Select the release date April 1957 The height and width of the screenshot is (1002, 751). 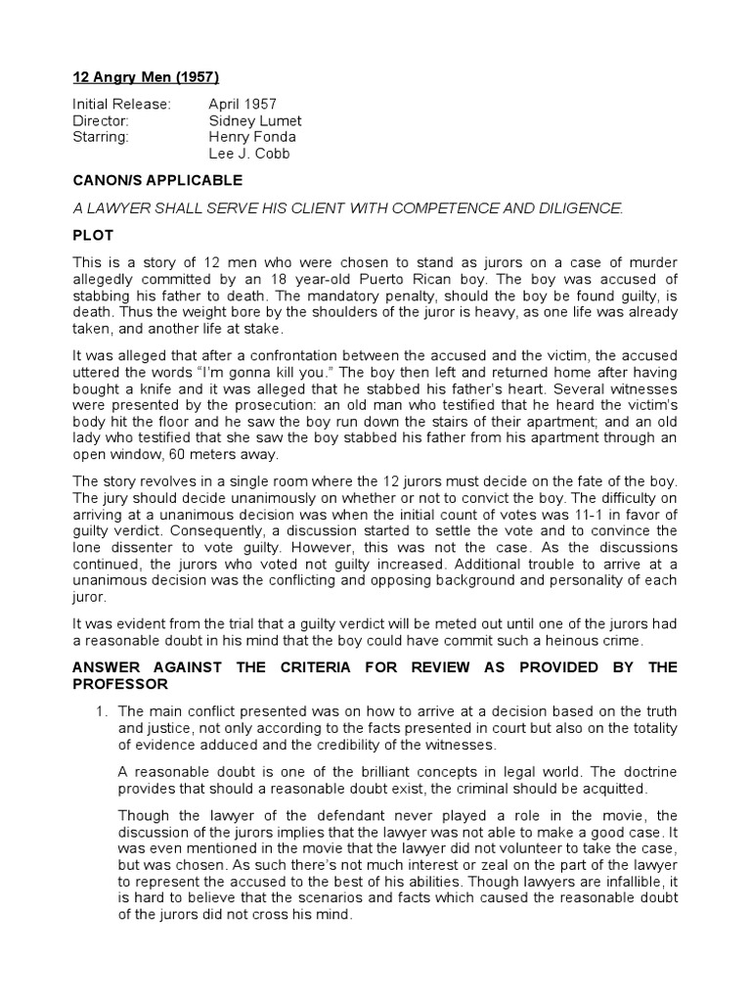click(243, 104)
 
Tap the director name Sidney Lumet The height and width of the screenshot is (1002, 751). click(254, 120)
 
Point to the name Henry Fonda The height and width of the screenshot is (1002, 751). click(252, 137)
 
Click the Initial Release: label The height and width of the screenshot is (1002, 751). click(122, 104)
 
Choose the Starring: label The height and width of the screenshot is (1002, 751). click(101, 137)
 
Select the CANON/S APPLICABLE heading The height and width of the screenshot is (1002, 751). click(157, 181)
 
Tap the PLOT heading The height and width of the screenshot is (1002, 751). click(94, 234)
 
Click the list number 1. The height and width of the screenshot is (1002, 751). click(100, 710)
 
